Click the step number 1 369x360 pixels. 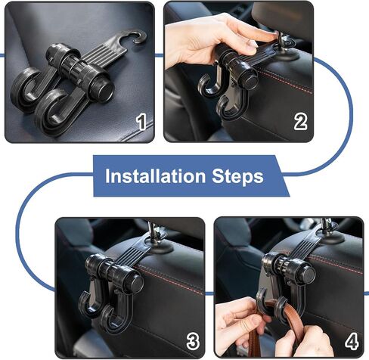(x=141, y=123)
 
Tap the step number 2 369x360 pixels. (x=300, y=122)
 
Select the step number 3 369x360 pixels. (x=193, y=342)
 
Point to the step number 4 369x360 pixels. (x=352, y=341)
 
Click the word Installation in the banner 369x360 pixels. (x=155, y=176)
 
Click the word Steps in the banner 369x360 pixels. (x=237, y=176)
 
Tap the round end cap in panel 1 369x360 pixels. (x=105, y=90)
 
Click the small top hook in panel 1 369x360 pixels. (x=136, y=36)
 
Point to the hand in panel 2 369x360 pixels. (x=206, y=40)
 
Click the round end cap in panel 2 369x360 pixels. (x=248, y=79)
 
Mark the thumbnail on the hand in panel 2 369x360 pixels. (x=253, y=45)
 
